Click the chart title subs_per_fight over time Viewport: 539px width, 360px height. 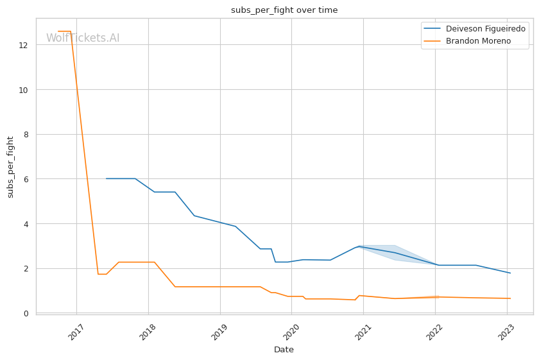tap(284, 10)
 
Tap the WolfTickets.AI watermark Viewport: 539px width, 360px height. tap(83, 38)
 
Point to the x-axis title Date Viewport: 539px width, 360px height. tap(284, 350)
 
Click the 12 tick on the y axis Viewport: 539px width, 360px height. tap(23, 45)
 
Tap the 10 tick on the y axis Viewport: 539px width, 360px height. tap(23, 90)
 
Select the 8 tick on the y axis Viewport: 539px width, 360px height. tap(25, 134)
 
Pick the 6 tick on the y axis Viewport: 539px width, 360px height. tap(25, 179)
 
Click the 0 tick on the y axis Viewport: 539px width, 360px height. tap(25, 313)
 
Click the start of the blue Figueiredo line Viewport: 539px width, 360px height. tap(107, 178)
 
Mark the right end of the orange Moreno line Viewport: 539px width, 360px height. tap(510, 298)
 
